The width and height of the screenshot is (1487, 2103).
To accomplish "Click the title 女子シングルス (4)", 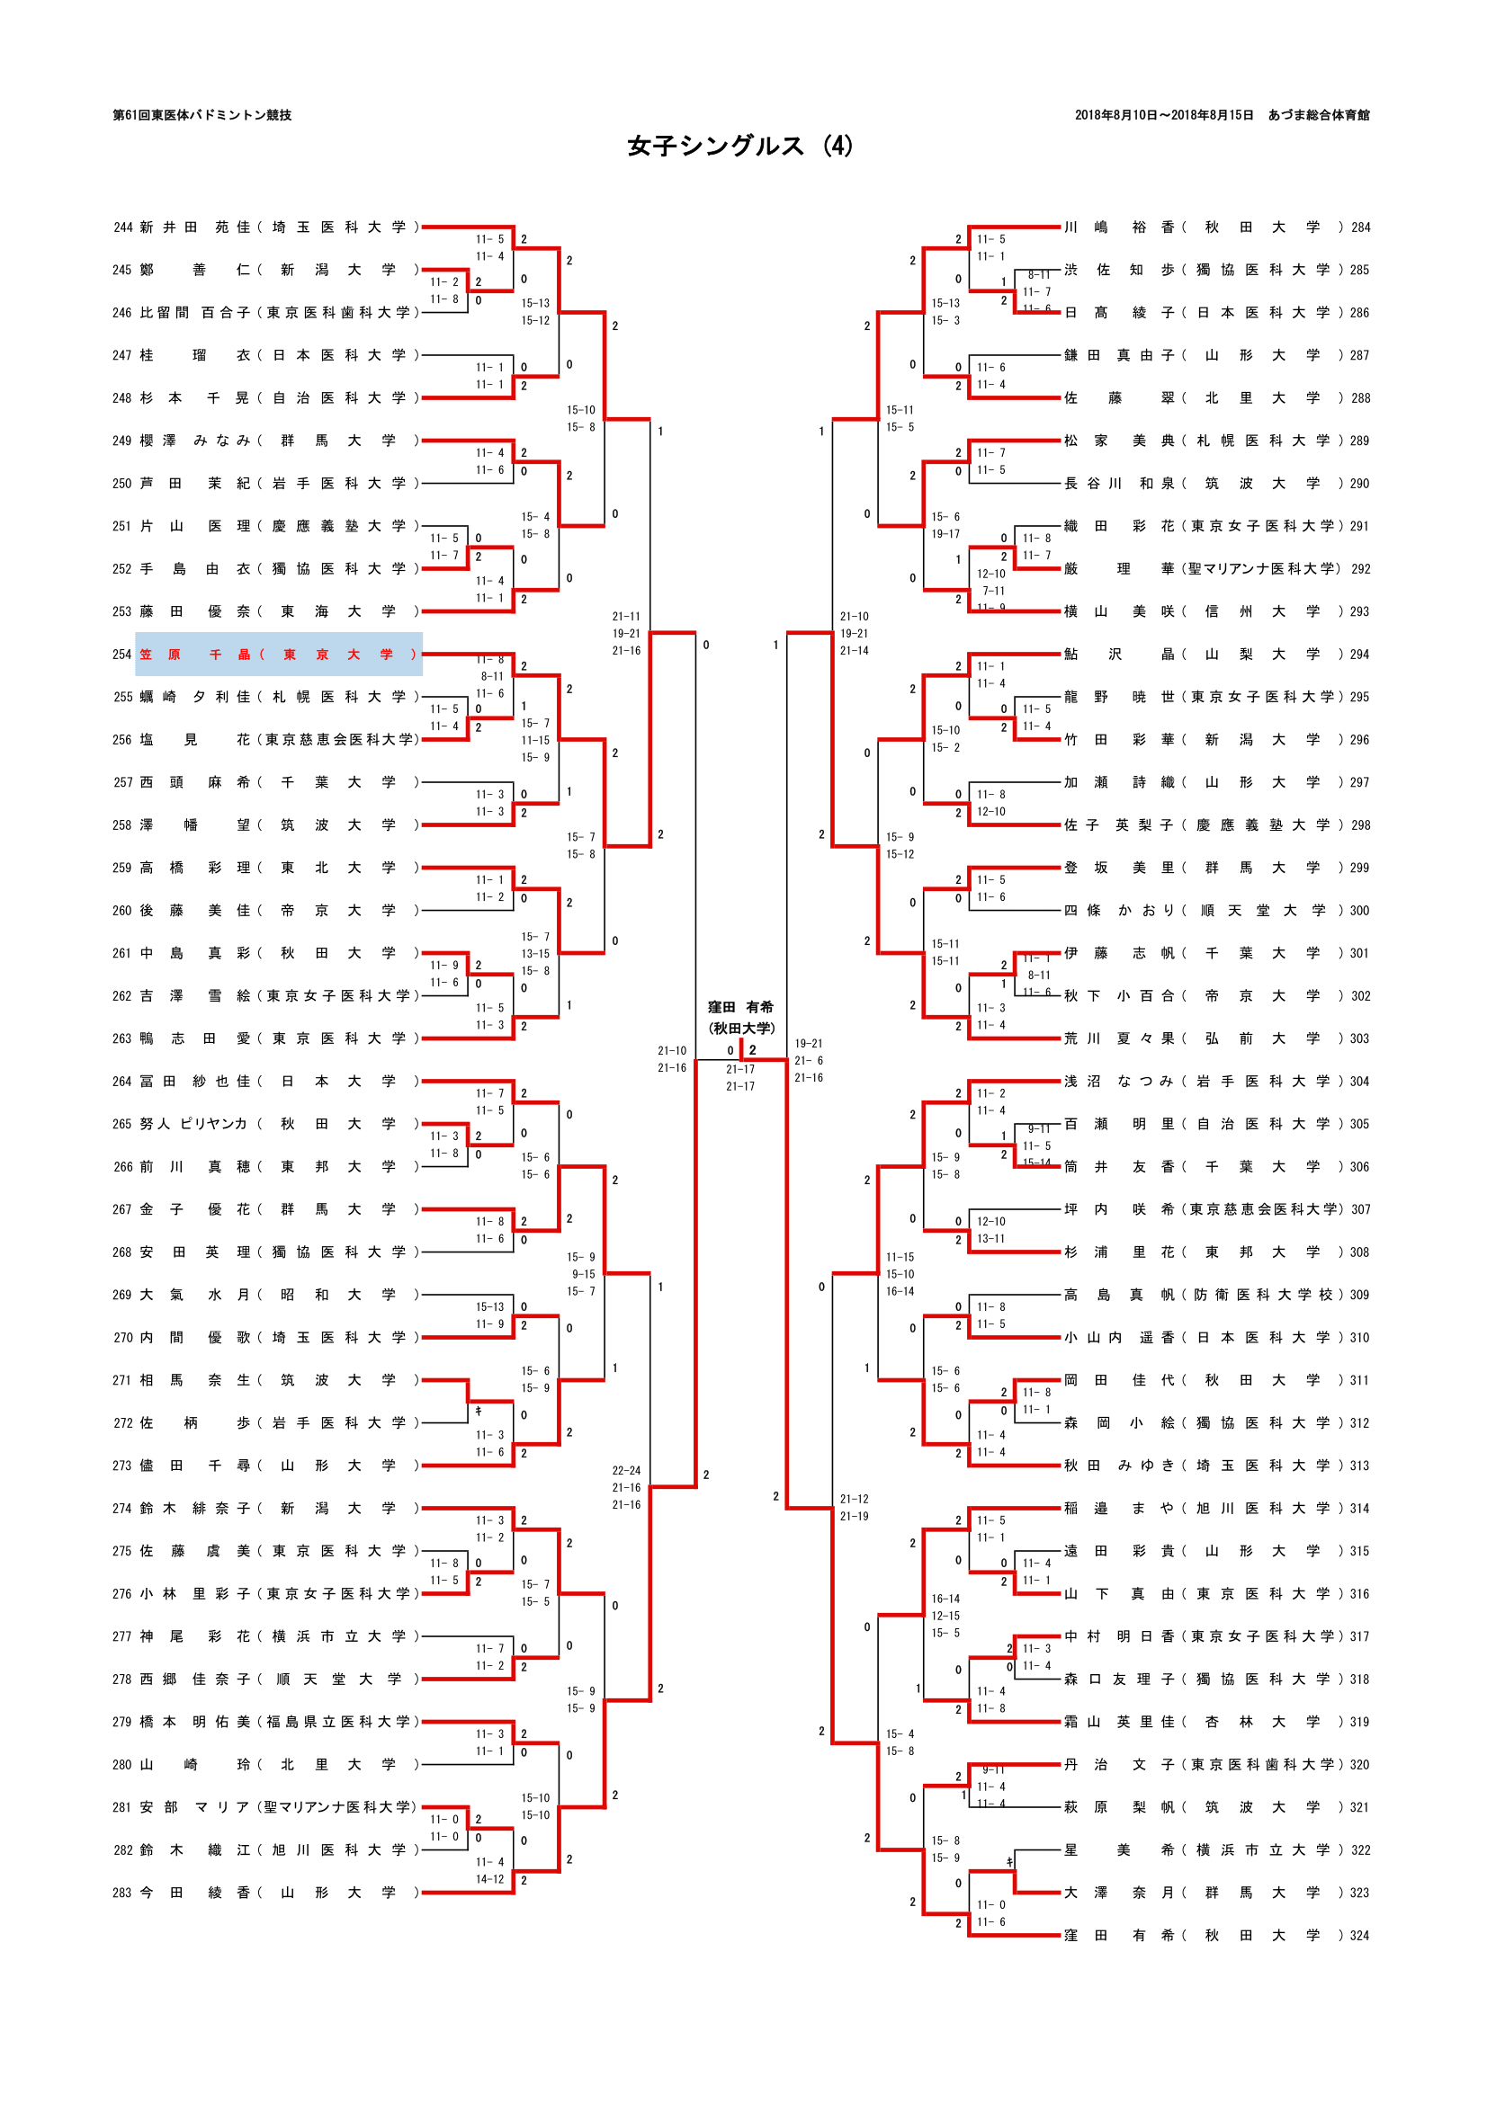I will [740, 147].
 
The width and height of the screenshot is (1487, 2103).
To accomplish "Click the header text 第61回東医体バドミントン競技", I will [202, 115].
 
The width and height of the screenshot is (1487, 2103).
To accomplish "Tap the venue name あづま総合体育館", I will [1319, 115].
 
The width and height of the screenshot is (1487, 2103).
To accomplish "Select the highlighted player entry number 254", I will [279, 654].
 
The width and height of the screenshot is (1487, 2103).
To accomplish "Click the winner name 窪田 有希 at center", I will [740, 1007].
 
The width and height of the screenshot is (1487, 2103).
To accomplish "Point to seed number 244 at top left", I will [122, 227].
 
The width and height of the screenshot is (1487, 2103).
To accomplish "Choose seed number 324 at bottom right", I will [1359, 1936].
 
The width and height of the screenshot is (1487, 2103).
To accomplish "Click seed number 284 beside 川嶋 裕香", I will [1359, 227].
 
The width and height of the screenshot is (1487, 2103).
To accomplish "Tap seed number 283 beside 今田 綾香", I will [122, 1893].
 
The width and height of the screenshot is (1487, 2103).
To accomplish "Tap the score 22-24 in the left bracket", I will [626, 1471].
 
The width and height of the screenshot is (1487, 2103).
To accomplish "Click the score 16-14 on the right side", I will [945, 1600].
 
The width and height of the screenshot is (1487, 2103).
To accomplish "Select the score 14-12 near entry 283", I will [489, 1879].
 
